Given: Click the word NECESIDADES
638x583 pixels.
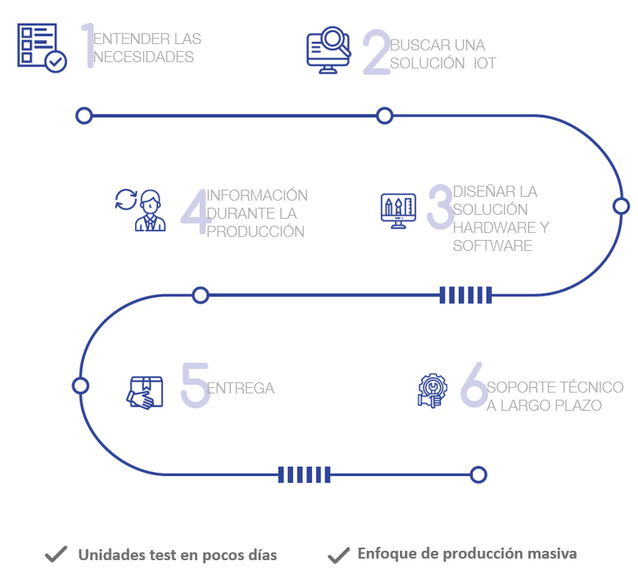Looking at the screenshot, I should click(144, 57).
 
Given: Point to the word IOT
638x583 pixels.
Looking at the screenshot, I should click(485, 64).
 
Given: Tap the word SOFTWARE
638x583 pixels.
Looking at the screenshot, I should click(493, 246).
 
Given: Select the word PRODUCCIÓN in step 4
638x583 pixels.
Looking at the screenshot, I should click(255, 232).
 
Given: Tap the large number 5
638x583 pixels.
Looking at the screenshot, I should click(194, 386).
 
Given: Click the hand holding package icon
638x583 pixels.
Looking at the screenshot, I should click(145, 392).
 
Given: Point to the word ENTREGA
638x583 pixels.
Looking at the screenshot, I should click(240, 389).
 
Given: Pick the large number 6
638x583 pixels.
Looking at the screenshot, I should click(474, 386).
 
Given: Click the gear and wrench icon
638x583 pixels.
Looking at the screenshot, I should click(431, 390).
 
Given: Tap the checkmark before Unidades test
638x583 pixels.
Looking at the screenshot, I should click(55, 555).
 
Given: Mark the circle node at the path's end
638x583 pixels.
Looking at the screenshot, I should click(478, 474).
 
